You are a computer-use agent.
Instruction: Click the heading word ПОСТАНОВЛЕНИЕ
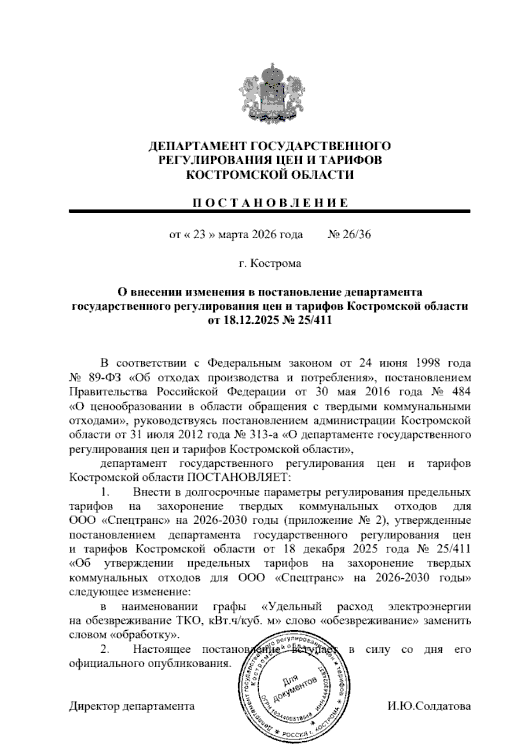(x=270, y=203)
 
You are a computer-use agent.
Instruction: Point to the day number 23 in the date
(x=199, y=234)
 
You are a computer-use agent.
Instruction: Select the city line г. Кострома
(x=270, y=263)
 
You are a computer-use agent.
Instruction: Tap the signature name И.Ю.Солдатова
(x=429, y=706)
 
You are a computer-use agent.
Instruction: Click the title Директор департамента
(x=132, y=706)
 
